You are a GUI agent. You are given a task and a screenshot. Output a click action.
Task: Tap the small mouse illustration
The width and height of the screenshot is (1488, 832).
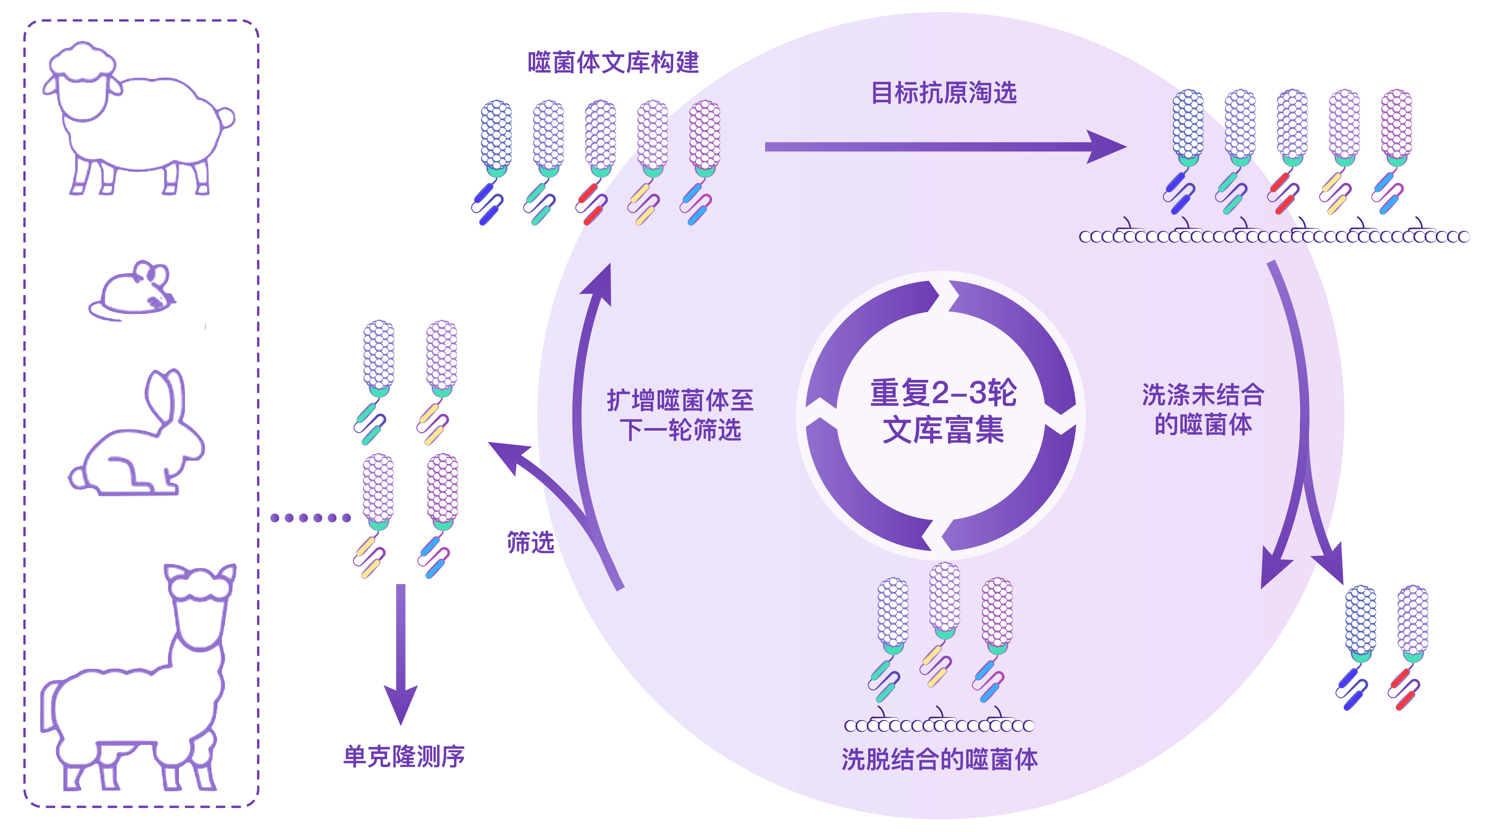click(x=133, y=292)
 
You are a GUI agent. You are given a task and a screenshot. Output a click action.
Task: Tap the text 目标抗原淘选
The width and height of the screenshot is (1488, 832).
click(x=943, y=92)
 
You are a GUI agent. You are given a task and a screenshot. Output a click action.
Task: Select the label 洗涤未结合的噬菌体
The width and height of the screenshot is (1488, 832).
click(x=1203, y=409)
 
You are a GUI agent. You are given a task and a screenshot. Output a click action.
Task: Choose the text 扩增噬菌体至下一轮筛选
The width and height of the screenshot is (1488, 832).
click(x=680, y=415)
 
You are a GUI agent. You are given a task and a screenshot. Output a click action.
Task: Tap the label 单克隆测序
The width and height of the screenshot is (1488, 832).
click(x=404, y=756)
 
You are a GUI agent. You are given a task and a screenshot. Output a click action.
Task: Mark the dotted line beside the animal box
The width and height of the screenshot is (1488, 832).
click(x=310, y=518)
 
